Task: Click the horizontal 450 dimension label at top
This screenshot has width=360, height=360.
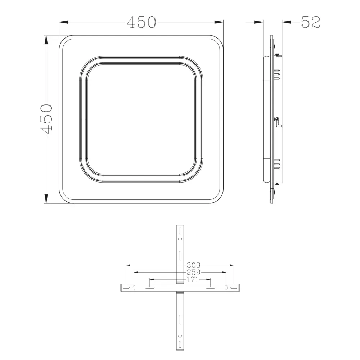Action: [x=141, y=22]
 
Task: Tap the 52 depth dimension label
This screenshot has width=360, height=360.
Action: [x=310, y=22]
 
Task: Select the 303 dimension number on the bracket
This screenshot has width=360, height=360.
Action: [x=194, y=265]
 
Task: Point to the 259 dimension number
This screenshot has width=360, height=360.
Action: [x=194, y=272]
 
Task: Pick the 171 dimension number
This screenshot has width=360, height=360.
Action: [x=192, y=279]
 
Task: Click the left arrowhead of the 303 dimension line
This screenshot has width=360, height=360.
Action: [x=129, y=265]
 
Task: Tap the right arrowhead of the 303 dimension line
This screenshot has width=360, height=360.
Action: [x=231, y=265]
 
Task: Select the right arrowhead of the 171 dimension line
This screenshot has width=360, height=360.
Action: [x=208, y=279]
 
